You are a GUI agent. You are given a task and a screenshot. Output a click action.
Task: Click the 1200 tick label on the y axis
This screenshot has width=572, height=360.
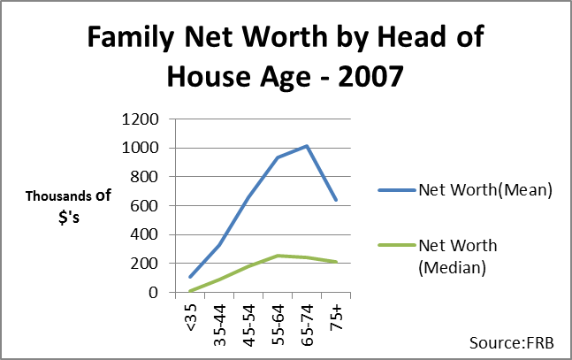pos(140,119)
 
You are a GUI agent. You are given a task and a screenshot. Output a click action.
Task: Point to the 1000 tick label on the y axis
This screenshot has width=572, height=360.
pos(140,149)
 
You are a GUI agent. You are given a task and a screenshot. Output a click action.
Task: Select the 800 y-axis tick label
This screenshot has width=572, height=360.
pos(144,177)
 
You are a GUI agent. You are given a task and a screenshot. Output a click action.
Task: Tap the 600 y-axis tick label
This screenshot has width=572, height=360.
pos(144,206)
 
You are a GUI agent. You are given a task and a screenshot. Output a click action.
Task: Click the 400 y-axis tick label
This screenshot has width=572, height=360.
pos(144,234)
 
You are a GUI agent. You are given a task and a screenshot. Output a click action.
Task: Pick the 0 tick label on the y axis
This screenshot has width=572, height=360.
pos(154,292)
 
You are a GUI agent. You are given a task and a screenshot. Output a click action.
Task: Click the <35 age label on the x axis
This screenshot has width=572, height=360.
pos(191,318)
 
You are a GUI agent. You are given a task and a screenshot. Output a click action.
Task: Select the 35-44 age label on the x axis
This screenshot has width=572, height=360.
pos(220,326)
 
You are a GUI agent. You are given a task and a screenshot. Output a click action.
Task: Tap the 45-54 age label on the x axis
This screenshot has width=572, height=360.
pos(249,326)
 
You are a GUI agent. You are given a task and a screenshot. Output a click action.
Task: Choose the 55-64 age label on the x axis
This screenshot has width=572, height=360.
pos(278,326)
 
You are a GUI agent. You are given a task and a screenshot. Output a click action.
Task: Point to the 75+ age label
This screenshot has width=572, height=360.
pos(336,318)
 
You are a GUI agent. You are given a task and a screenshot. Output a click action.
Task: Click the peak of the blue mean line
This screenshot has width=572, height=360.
pos(307,147)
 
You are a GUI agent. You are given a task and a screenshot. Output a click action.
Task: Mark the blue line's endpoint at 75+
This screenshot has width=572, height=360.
pos(336,200)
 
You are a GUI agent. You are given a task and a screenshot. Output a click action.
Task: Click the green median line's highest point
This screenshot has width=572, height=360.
pos(278,256)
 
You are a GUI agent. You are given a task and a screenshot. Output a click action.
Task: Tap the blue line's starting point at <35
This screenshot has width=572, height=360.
pos(190,277)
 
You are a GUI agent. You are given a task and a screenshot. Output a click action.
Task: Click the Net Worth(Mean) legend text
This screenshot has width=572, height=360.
pos(485,190)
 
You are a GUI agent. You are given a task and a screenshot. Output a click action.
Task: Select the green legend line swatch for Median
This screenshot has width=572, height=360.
pos(397,245)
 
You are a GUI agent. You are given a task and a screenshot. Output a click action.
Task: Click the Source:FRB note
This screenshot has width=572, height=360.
pos(512,343)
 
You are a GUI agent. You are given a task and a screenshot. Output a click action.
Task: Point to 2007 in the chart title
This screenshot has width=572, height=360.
pos(370,76)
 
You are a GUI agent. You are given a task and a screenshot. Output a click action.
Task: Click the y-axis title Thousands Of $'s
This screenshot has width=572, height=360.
pos(68,207)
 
